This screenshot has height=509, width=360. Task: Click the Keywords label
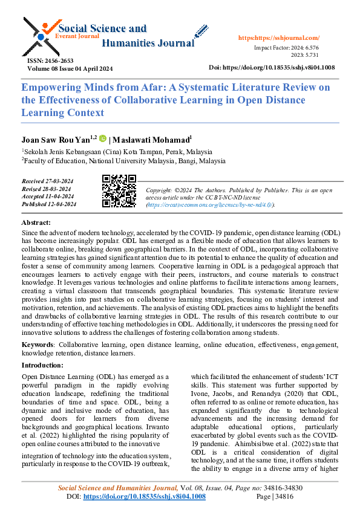(x=36, y=344)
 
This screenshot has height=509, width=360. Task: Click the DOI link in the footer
(x=144, y=496)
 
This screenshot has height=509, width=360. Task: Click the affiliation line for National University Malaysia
(x=124, y=161)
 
